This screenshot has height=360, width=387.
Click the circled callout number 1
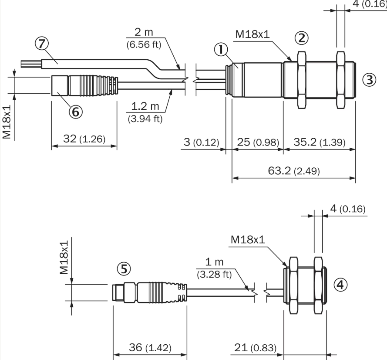[x=221, y=49]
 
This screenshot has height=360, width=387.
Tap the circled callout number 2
[x=301, y=38]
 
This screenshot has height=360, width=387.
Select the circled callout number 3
[x=369, y=80]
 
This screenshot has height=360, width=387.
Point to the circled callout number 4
[x=340, y=285]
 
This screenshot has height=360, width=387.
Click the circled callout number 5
[x=124, y=269]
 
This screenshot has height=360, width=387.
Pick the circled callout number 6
[x=75, y=112]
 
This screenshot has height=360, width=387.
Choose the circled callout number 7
[x=41, y=44]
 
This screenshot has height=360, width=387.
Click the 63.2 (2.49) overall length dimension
[x=294, y=171]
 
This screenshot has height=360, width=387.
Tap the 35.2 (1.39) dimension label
[x=320, y=142]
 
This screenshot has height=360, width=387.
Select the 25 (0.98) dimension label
[x=258, y=142]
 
